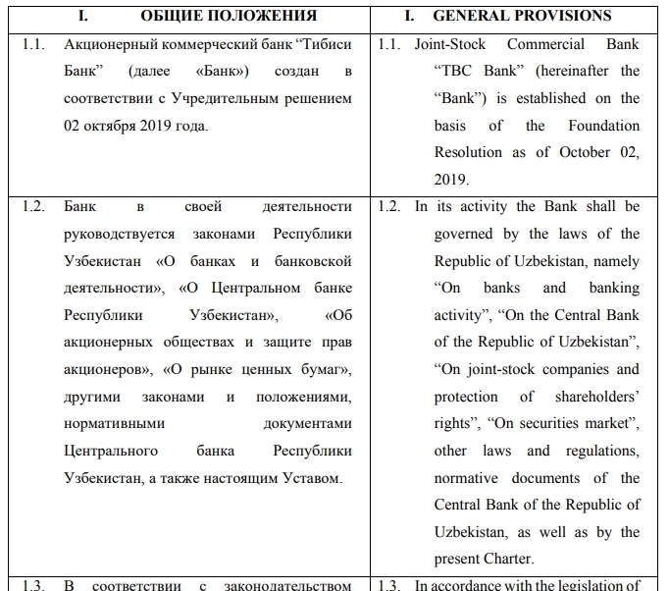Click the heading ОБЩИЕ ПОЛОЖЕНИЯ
click(229, 16)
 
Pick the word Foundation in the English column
click(603, 126)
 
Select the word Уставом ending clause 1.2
click(308, 477)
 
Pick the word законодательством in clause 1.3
click(286, 586)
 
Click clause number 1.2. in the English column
click(391, 207)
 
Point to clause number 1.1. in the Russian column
click(35, 44)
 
